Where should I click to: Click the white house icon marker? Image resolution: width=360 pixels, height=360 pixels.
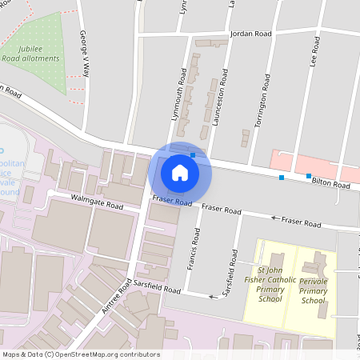click(180, 172)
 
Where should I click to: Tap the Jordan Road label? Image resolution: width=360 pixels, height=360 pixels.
click(250, 34)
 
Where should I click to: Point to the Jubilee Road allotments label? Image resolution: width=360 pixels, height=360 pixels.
click(41, 54)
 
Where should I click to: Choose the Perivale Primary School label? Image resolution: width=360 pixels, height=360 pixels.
click(313, 291)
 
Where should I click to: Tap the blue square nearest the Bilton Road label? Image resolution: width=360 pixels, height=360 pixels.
click(309, 175)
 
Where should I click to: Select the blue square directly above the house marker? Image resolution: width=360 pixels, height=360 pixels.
click(193, 154)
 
